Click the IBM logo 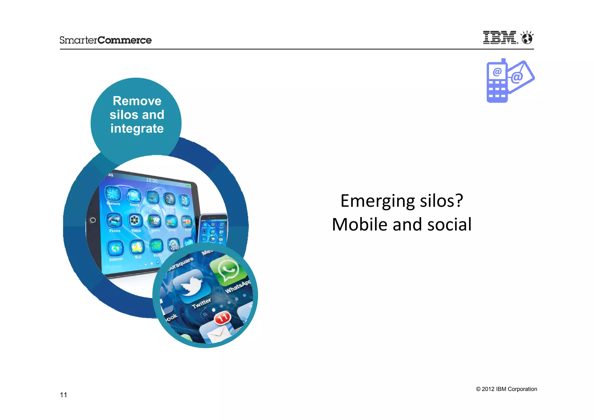[x=499, y=37]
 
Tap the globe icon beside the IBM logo [x=527, y=38]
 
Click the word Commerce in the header [x=124, y=40]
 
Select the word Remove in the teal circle [x=137, y=101]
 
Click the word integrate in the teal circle [x=137, y=129]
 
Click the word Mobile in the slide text [x=359, y=224]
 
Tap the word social [x=449, y=224]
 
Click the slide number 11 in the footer [x=63, y=395]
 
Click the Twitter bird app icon [x=192, y=286]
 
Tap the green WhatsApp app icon [x=229, y=270]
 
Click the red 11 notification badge [x=222, y=318]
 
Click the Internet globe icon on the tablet [x=115, y=248]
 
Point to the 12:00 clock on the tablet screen [x=152, y=181]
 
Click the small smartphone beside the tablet [x=213, y=229]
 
